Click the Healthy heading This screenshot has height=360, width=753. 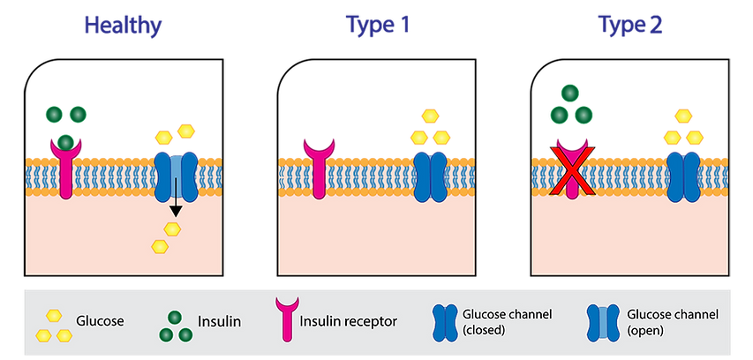point(124,26)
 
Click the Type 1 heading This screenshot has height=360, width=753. point(377,26)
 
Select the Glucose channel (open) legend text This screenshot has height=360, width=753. point(661,322)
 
